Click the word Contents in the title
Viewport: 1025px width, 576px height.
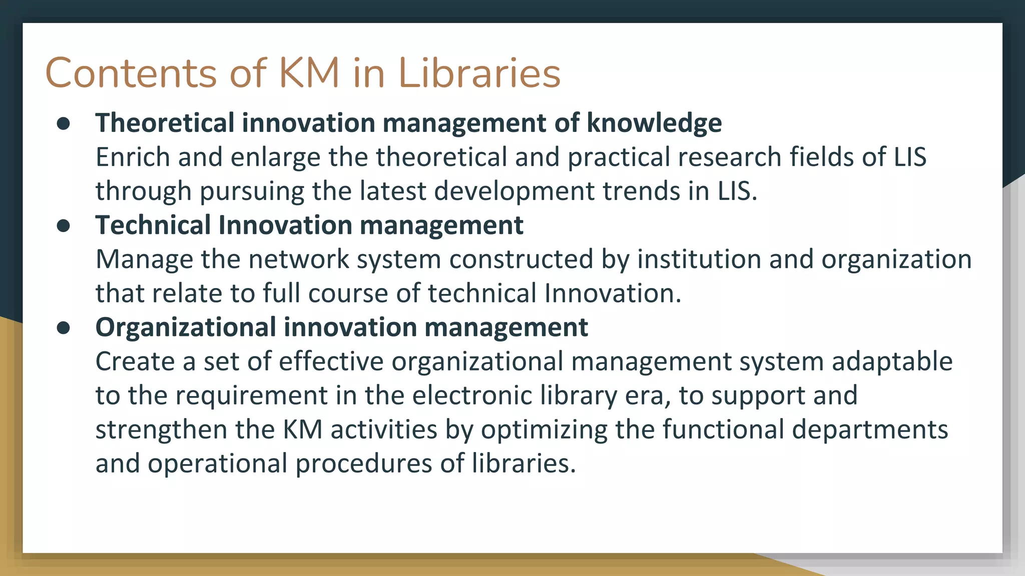coord(131,73)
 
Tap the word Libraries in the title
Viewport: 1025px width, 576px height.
coord(479,73)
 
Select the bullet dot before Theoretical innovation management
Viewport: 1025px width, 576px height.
coord(64,123)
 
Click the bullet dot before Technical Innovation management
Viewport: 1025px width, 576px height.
coord(64,225)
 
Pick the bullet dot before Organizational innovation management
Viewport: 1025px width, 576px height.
coord(64,327)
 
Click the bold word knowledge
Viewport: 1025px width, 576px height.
coord(654,123)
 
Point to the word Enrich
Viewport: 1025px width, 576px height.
coord(133,157)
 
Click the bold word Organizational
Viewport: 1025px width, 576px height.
coord(186,327)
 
